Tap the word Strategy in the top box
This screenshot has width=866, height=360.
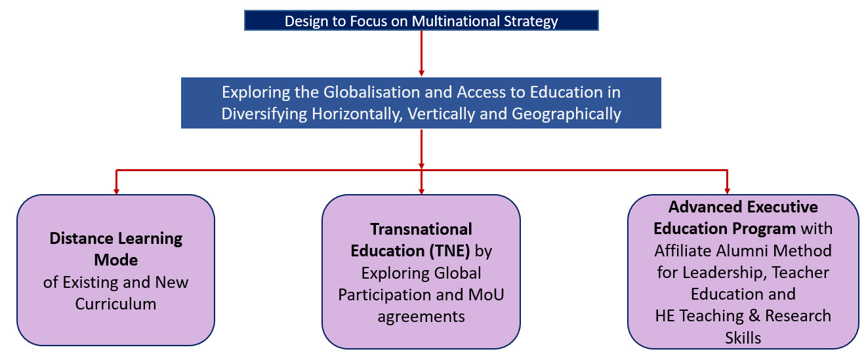pos(532,21)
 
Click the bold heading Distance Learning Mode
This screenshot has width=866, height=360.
pos(116,249)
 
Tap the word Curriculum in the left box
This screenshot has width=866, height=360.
pos(116,304)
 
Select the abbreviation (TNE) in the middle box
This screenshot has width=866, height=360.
pos(449,250)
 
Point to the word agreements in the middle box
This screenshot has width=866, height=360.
pos(421,316)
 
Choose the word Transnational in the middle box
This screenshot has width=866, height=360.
pos(421,229)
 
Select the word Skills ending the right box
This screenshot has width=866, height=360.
pos(743,338)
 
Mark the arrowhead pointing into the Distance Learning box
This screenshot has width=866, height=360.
pos(116,191)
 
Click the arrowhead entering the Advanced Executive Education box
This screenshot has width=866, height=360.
pos(727,191)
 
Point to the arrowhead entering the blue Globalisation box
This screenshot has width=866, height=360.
pos(421,73)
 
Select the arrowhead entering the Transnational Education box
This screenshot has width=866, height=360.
pos(421,191)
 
